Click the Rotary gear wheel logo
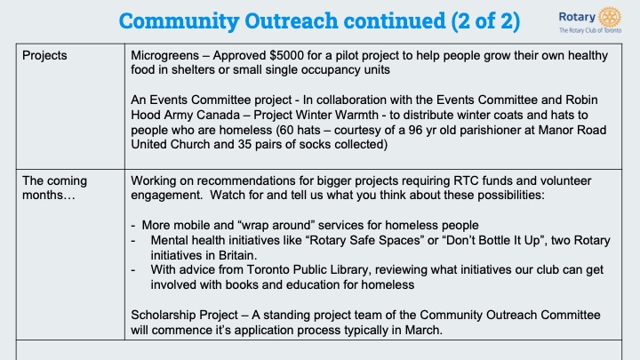(610, 17)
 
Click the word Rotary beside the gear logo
(577, 17)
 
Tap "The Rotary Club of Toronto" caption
(590, 30)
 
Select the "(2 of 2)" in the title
(485, 20)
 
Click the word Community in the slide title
(179, 21)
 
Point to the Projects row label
(44, 55)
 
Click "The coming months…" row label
(54, 188)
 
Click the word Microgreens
(165, 55)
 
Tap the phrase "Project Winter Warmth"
(316, 115)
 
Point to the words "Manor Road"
(572, 130)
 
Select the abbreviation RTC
(466, 180)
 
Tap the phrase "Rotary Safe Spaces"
(365, 240)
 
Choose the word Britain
(236, 255)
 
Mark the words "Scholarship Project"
(185, 315)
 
